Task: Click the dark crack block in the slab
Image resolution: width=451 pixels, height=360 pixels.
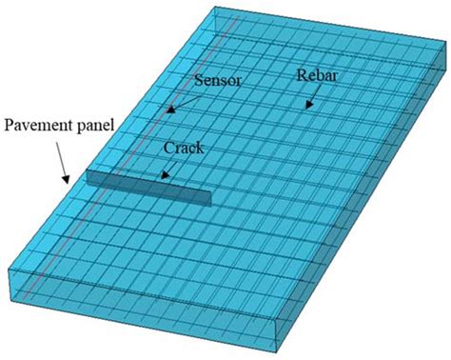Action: [147, 187]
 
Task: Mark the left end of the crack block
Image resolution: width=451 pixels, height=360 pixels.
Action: [88, 174]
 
